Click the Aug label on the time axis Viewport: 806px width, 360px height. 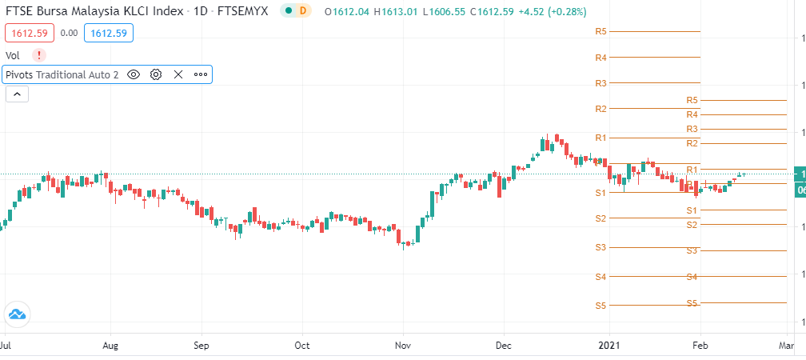pos(111,346)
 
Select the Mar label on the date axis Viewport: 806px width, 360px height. pos(787,346)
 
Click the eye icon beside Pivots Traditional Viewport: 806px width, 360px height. pos(134,74)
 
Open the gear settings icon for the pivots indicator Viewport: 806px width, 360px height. pos(156,74)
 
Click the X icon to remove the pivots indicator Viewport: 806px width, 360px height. pos(178,74)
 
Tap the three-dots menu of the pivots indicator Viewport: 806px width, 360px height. pos(200,74)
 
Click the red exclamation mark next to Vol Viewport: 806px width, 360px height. pos(39,55)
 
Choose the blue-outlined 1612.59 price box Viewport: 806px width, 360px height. pos(111,33)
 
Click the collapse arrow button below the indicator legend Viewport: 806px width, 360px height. pos(18,94)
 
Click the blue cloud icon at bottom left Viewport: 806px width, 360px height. pos(16,314)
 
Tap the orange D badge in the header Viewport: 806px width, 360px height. pos(301,11)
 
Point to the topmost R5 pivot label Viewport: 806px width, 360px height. pos(601,31)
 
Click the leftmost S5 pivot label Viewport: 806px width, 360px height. pos(601,306)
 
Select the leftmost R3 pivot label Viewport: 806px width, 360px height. pos(601,83)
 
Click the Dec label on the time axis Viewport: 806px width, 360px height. pos(503,346)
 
